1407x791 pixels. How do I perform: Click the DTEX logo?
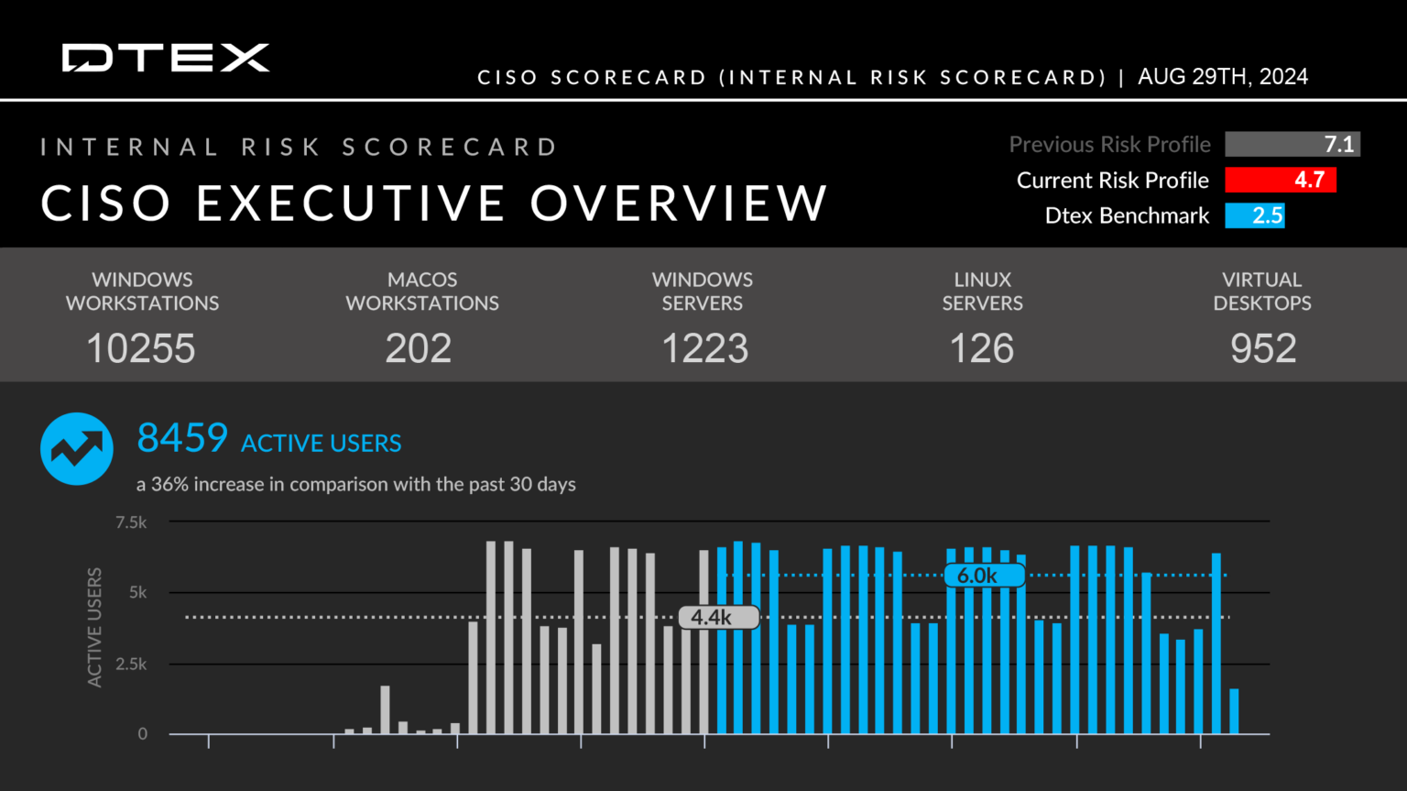(166, 58)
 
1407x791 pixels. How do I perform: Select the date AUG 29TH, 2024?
(1222, 77)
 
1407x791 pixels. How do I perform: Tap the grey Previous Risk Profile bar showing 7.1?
(1292, 145)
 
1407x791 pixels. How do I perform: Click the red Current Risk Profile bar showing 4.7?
(1280, 180)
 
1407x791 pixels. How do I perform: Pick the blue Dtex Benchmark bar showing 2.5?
(1254, 215)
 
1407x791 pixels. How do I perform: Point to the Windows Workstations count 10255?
(141, 348)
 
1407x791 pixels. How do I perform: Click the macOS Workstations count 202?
(419, 348)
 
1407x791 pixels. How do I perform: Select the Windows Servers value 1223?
(704, 348)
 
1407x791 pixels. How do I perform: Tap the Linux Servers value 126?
(982, 348)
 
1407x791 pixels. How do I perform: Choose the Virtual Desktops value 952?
(1263, 348)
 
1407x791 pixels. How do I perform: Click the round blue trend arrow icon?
(77, 448)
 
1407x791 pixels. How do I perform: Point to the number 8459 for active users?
(182, 438)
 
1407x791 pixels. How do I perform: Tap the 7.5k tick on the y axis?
(131, 522)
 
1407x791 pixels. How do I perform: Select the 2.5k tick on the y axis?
(131, 664)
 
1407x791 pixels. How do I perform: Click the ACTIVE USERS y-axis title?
(94, 627)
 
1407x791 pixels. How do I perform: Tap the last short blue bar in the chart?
(1234, 711)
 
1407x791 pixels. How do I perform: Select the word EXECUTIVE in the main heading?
(350, 203)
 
